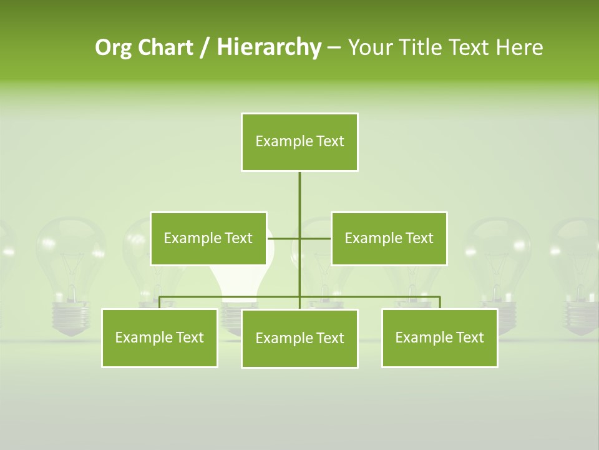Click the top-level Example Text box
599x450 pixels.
click(x=299, y=142)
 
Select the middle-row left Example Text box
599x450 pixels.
click(x=208, y=238)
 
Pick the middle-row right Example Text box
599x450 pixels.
click(x=389, y=238)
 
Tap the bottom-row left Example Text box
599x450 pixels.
click(x=160, y=337)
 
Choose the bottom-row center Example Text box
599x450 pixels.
click(x=299, y=338)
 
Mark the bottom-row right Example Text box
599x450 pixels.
click(x=439, y=337)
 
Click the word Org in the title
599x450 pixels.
click(x=112, y=47)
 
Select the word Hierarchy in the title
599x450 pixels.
click(x=269, y=47)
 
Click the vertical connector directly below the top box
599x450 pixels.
click(x=299, y=194)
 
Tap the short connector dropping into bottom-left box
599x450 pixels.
click(x=160, y=302)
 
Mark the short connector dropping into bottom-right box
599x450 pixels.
click(x=439, y=302)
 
